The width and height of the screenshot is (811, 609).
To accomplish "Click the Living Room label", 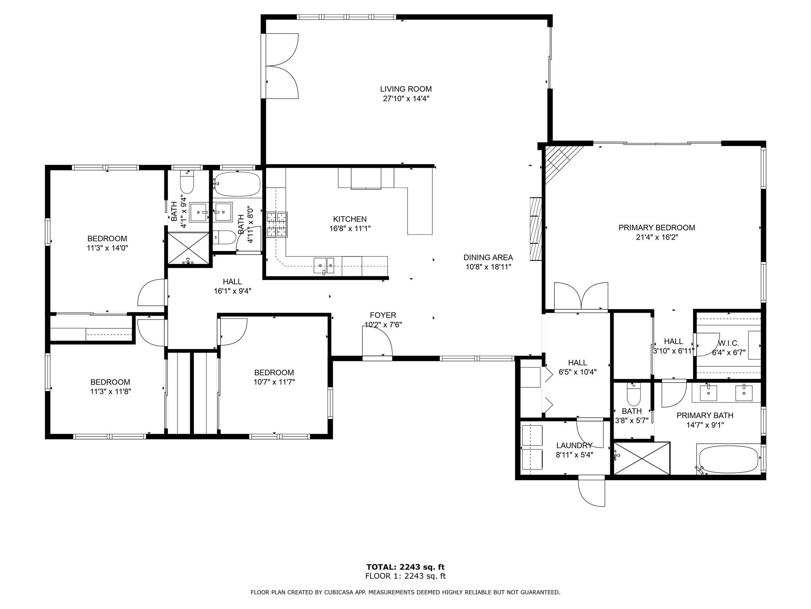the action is [x=406, y=89].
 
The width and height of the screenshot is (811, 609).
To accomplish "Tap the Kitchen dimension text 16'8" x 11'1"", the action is [x=350, y=228].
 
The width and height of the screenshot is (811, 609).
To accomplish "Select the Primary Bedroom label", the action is [x=657, y=228].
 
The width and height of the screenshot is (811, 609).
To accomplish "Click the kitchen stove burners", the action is [x=277, y=225].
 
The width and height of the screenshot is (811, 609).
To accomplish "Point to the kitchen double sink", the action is [x=324, y=265].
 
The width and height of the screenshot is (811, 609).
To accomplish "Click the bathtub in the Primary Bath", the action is [x=729, y=459].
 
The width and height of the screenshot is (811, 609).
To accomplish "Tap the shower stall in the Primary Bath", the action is [x=642, y=458].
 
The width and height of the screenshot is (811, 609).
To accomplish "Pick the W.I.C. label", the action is [x=729, y=343].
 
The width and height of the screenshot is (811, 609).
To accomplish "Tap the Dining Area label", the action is [x=488, y=257].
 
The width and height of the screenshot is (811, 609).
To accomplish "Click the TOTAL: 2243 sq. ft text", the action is [x=405, y=567].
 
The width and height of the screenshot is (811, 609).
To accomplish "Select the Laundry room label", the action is [x=574, y=445].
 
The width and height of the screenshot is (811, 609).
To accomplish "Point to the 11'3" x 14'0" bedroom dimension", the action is [x=107, y=248].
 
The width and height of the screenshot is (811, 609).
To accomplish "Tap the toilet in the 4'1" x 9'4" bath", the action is [x=187, y=182].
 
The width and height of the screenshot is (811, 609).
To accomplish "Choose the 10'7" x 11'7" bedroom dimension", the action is [x=274, y=382].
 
